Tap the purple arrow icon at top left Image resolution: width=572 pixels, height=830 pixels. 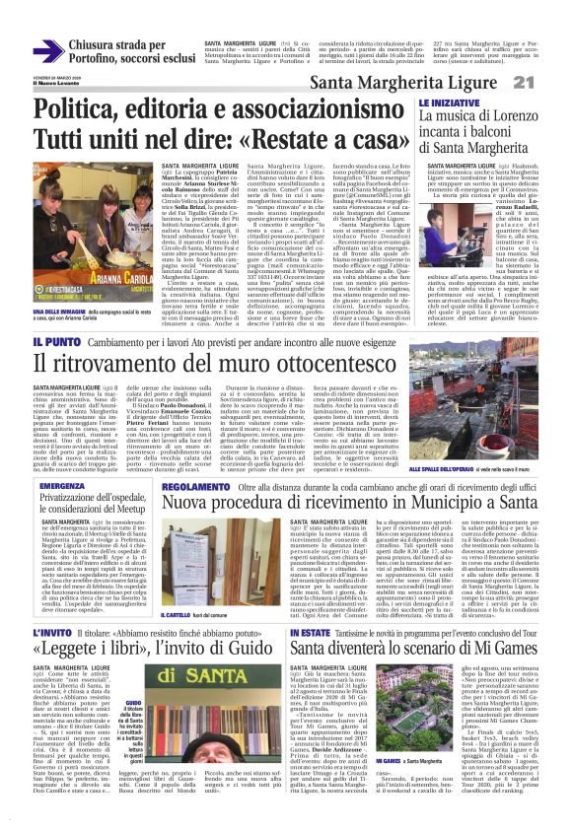[x=48, y=50]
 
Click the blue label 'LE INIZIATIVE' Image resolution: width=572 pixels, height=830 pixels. [x=449, y=103]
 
